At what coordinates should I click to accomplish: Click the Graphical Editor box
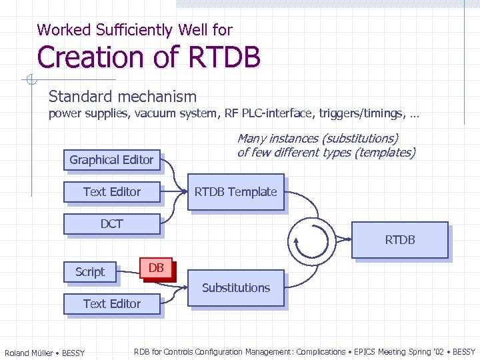click(111, 160)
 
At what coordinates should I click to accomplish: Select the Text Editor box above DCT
click(111, 192)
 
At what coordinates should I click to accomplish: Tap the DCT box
click(111, 224)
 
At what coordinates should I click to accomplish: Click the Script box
click(89, 272)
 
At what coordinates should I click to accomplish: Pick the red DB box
click(156, 268)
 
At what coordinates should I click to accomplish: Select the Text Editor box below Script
click(111, 304)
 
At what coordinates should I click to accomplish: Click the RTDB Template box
click(235, 192)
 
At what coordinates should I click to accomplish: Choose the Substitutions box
click(235, 288)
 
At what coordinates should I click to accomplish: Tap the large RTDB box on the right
click(399, 240)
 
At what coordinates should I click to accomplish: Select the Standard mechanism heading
click(123, 97)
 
